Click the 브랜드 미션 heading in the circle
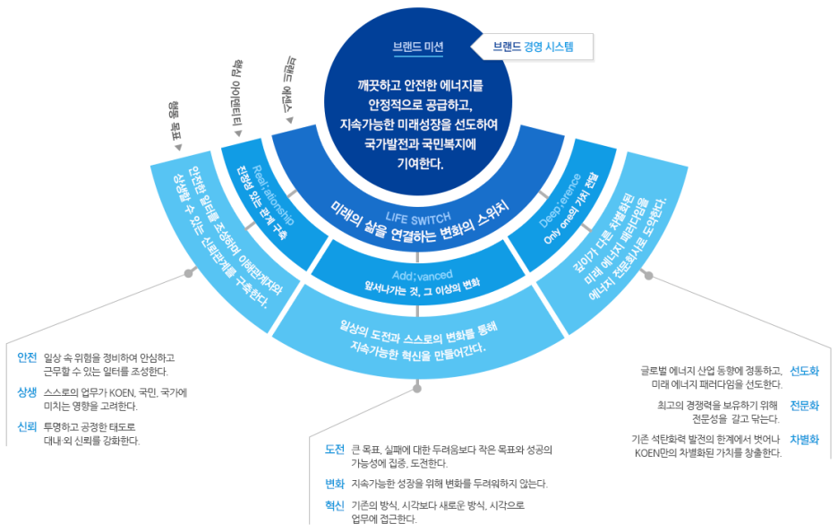(418, 47)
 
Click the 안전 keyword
(27, 356)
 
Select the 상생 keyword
(27, 392)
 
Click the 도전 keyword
(334, 449)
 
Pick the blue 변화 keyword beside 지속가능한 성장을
(334, 484)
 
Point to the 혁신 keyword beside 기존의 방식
(334, 505)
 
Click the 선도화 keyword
(804, 371)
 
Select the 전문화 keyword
(804, 405)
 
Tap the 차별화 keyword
(804, 439)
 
